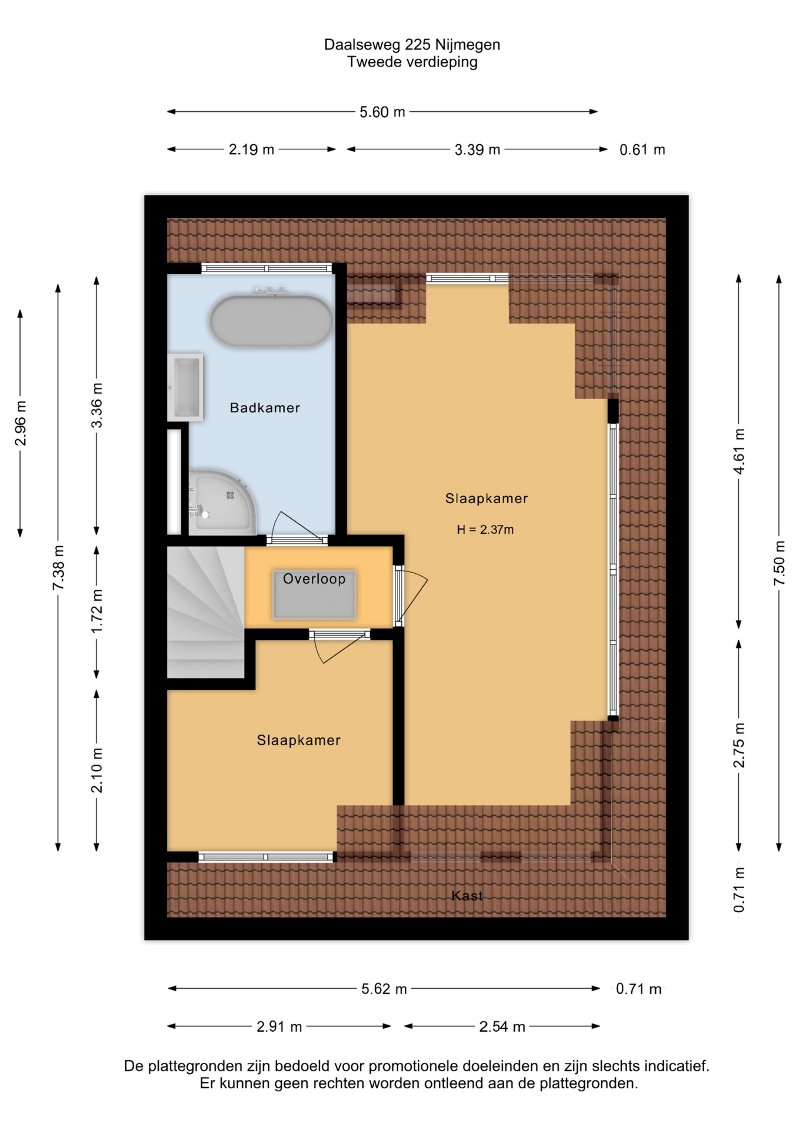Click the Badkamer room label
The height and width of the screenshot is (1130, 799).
[x=265, y=408]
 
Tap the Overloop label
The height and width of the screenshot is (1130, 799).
[x=314, y=579]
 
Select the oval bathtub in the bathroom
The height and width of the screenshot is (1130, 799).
[x=271, y=321]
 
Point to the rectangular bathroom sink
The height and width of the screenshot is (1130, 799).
[x=185, y=387]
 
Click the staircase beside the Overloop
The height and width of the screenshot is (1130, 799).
[x=205, y=612]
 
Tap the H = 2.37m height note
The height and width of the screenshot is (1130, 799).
[x=485, y=530]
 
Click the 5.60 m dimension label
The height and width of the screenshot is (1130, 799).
[x=382, y=112]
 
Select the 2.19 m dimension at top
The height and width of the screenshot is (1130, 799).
[x=251, y=149]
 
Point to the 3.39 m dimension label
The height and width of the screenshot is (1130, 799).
[x=477, y=149]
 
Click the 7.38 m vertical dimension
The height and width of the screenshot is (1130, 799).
[x=58, y=567]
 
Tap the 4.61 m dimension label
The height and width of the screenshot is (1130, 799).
[x=740, y=451]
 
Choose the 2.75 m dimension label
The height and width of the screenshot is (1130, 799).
[x=740, y=745]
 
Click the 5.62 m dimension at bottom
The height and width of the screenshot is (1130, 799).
[x=384, y=989]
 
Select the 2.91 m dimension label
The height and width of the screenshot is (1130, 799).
[x=279, y=1026]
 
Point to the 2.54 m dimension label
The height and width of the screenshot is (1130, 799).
[x=502, y=1026]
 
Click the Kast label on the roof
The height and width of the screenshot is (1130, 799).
[x=467, y=896]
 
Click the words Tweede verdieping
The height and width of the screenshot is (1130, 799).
[x=412, y=62]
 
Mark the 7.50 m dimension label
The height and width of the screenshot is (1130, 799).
[x=780, y=563]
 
